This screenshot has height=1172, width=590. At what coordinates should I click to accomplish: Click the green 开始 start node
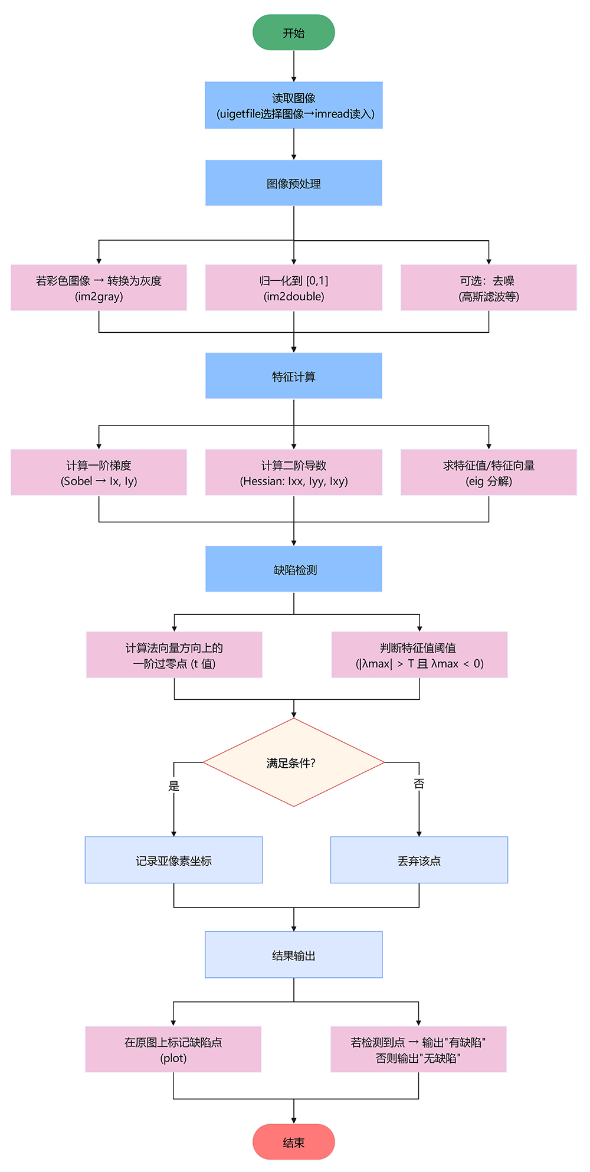coord(294,32)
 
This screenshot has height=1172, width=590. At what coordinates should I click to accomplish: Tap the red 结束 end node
coord(294,1142)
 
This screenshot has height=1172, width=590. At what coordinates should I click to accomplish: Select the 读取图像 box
coord(294,106)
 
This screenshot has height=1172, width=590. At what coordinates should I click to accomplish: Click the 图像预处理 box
coord(294,183)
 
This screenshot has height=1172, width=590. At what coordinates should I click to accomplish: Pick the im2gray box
coord(99,288)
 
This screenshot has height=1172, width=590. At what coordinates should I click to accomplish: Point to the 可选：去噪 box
coord(489,288)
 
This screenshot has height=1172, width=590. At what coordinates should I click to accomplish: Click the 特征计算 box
coord(294,376)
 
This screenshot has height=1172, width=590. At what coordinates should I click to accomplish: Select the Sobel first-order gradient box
coord(99,473)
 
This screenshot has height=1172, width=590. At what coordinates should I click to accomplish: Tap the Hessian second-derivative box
coord(294,473)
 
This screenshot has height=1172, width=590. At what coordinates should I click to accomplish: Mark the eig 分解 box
coord(489,473)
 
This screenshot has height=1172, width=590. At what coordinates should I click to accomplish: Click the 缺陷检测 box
coord(294,569)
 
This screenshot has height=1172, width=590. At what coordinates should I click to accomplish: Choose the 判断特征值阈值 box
coord(419,655)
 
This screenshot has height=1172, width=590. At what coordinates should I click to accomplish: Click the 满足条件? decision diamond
coord(294,762)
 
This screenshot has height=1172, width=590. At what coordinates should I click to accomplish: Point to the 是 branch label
coord(173,786)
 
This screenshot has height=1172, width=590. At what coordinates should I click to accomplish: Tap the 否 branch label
coord(419,784)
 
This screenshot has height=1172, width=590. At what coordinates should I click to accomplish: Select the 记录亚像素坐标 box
coord(173,860)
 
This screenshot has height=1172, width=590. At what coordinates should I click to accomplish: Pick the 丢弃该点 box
coord(419,860)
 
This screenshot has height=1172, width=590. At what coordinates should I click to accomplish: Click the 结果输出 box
coord(294,955)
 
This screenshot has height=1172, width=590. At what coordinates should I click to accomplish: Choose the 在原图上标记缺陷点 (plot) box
coord(173,1050)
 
